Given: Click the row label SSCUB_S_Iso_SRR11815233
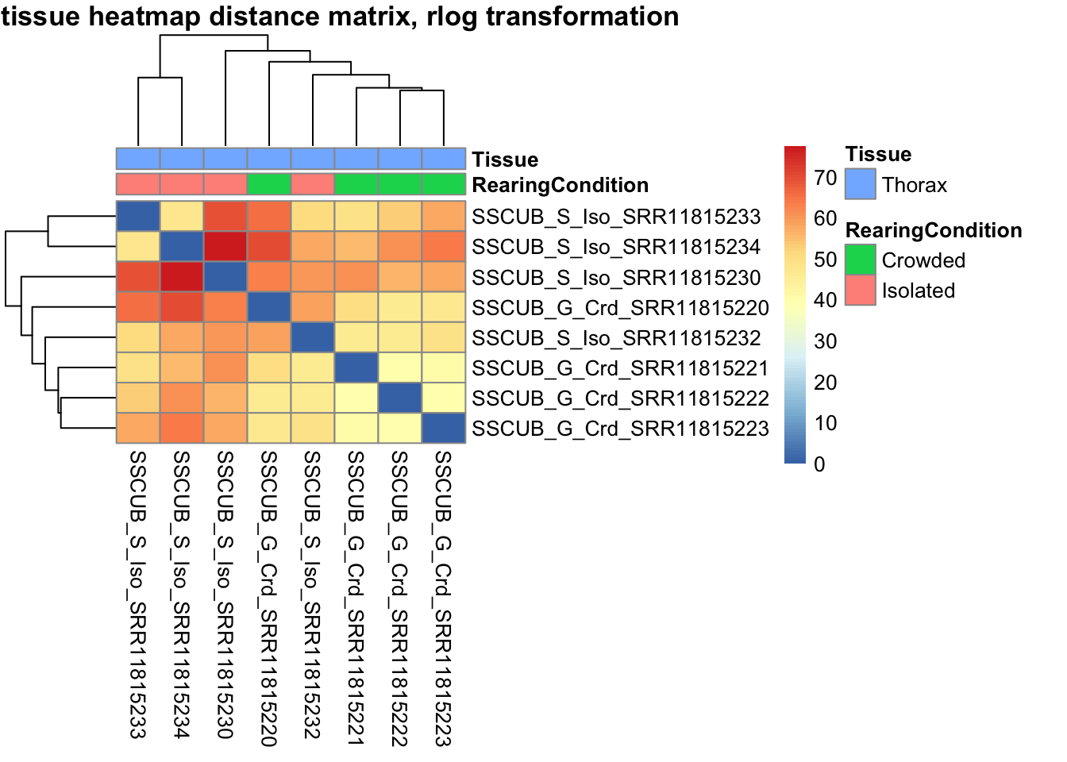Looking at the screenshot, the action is [616, 217].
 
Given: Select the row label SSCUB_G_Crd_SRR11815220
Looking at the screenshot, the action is [620, 308].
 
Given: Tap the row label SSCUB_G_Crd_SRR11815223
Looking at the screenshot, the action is [620, 429].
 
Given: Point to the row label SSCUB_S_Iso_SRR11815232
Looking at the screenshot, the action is [616, 338].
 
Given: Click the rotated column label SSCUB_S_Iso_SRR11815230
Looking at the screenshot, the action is [225, 595].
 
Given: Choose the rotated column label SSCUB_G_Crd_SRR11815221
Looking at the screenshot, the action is [356, 598].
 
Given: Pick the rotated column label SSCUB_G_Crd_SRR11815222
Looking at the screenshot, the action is [399, 598].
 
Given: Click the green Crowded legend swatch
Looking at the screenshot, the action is [861, 260].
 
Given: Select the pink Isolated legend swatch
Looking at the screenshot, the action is [861, 290].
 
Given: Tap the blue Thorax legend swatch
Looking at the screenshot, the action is [861, 184].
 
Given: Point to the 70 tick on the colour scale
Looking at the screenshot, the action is [826, 178].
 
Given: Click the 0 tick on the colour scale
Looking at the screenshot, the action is [819, 464].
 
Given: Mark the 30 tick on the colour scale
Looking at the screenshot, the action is [826, 341].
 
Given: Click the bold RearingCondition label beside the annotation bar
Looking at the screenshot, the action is [560, 185].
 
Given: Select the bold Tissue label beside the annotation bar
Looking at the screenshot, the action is [505, 160].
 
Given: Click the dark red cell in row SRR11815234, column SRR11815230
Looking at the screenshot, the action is [225, 247].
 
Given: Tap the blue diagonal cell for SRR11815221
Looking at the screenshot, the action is [356, 368].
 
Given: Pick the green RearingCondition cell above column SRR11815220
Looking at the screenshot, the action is [269, 184].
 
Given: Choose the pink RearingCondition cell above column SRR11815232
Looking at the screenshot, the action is [313, 184].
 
